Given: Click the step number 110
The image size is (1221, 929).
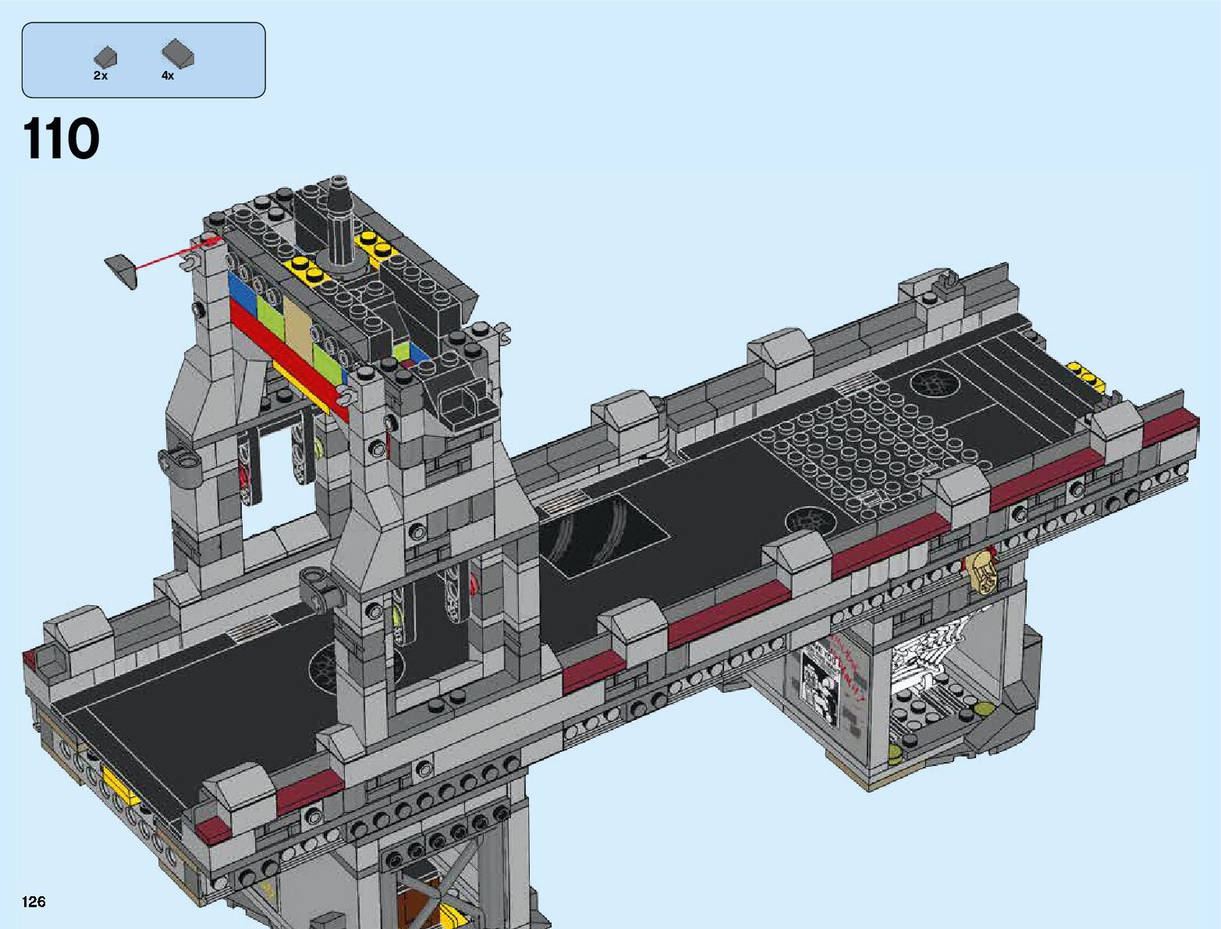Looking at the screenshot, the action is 61,138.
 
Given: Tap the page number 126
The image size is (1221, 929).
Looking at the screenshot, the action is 34,901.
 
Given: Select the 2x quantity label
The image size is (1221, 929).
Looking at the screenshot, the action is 101,76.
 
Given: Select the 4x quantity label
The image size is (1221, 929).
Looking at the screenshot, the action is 168,76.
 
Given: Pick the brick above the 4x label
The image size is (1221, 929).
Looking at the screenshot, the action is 177,54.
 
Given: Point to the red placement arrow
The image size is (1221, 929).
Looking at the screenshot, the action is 177,253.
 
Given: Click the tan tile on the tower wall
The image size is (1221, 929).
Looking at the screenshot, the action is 299,328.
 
